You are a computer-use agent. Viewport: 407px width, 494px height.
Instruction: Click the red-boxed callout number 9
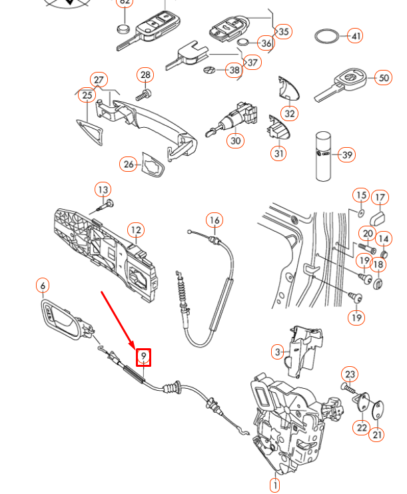143,358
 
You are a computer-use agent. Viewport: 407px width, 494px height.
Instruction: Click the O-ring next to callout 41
326,36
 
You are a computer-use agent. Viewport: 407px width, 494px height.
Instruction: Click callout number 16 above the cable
214,220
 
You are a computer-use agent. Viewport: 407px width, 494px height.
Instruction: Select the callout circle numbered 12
135,230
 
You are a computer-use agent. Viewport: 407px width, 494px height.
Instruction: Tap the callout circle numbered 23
350,374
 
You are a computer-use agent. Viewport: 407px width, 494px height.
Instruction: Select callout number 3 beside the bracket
278,351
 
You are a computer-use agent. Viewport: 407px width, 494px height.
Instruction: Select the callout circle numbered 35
283,31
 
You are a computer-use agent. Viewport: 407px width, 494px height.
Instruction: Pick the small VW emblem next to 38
210,70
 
